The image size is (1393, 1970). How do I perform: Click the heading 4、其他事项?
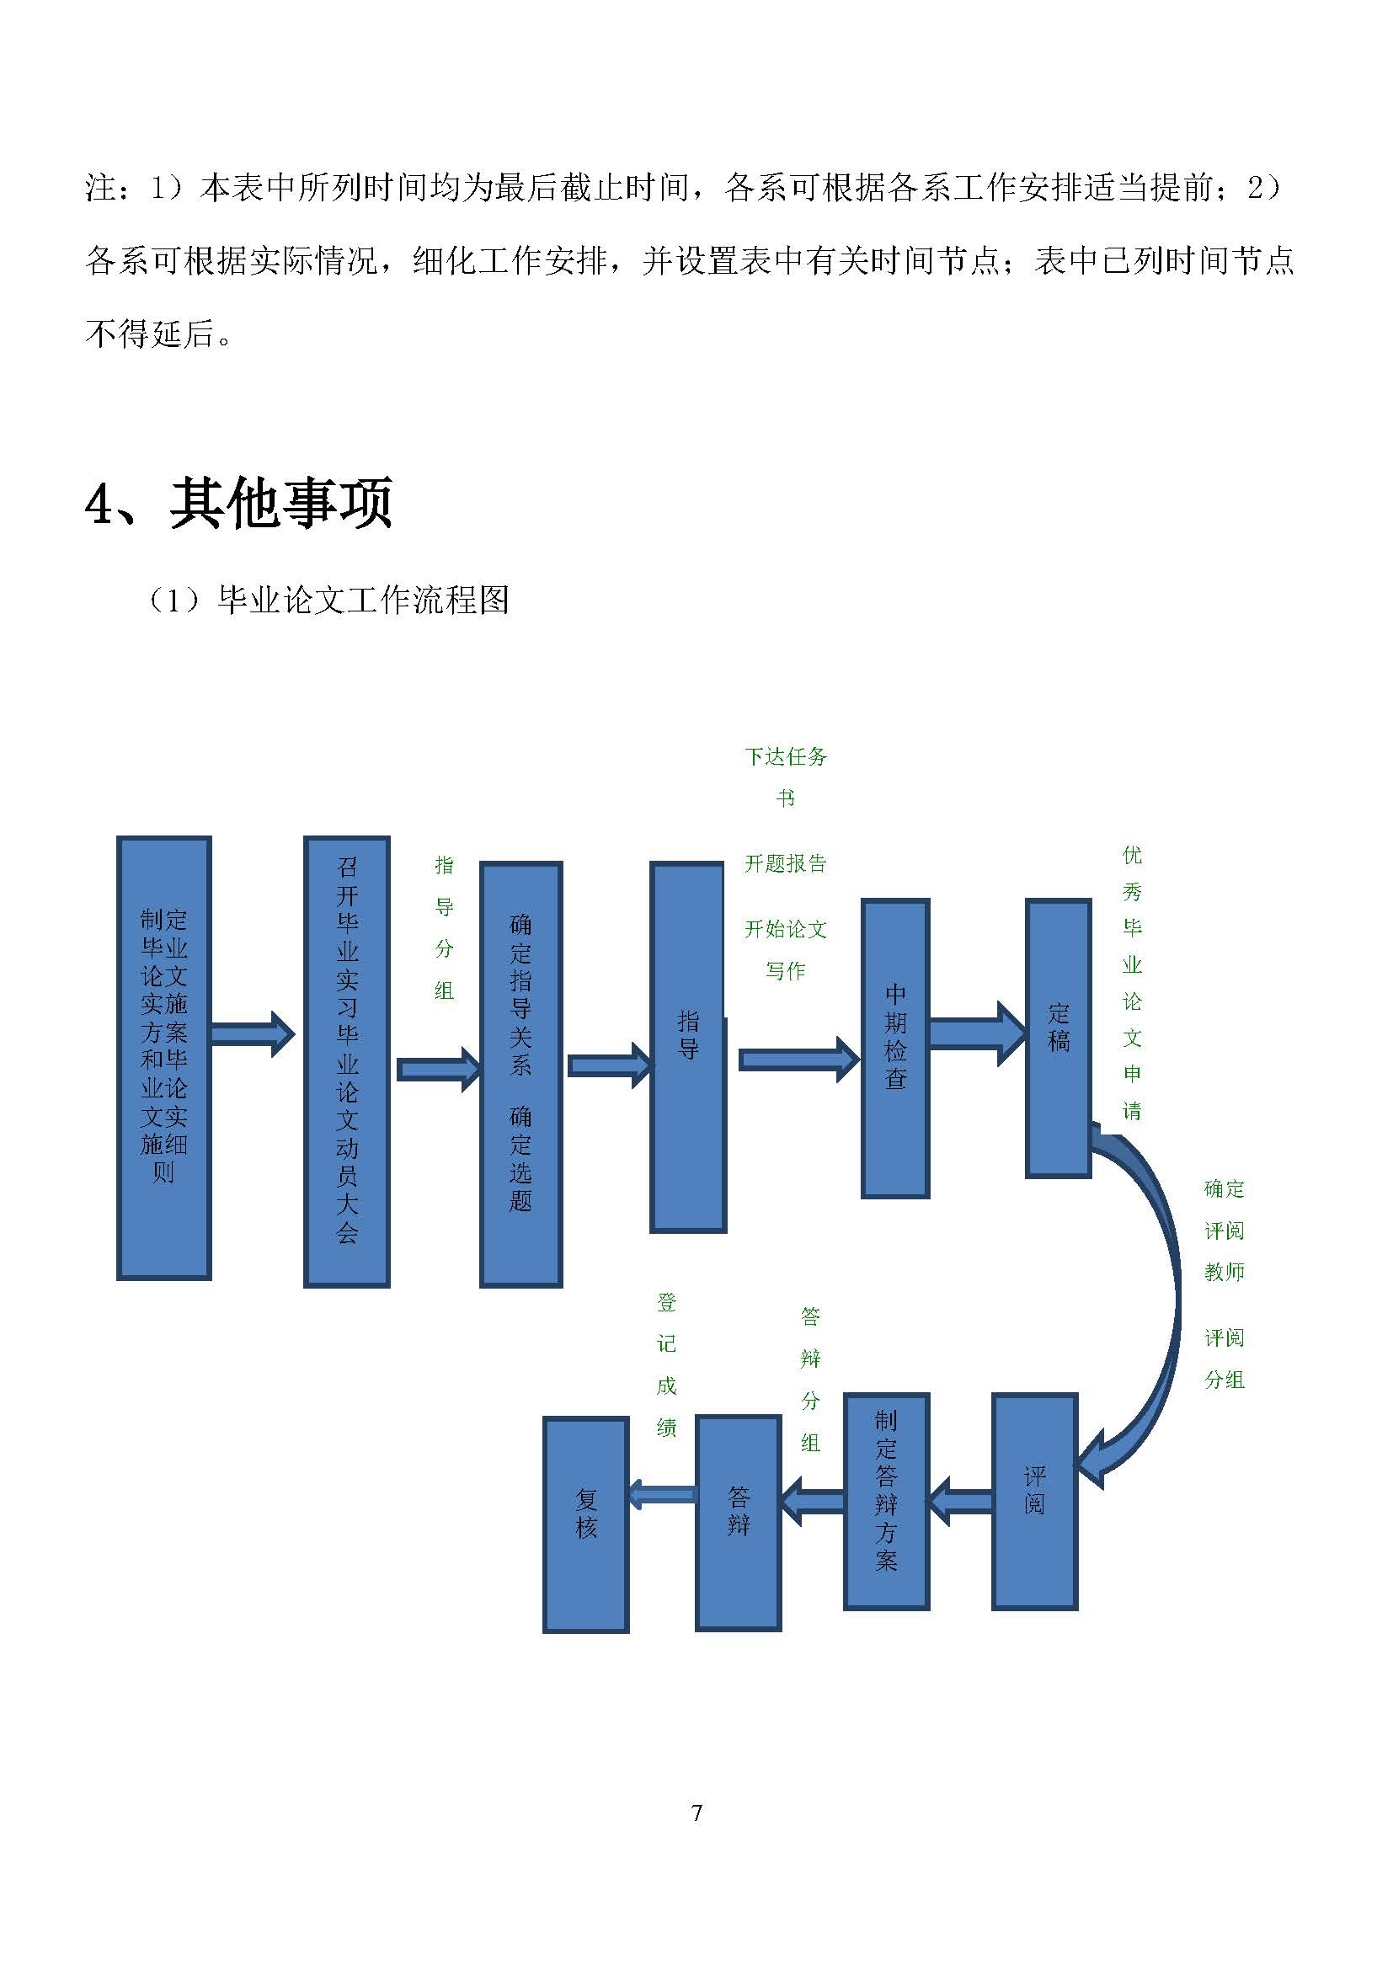click(239, 503)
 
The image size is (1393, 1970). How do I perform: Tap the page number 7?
click(696, 1813)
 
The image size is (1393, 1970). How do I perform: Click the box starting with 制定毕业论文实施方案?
click(164, 1058)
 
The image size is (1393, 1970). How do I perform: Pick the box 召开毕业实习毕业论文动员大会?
click(346, 1061)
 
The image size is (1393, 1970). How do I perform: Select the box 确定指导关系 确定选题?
click(520, 1074)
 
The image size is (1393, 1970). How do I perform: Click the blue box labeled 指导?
click(688, 1047)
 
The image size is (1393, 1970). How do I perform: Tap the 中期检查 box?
click(895, 1048)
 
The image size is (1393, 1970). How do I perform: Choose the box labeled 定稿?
click(1059, 1038)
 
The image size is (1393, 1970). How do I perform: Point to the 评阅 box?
click(1034, 1502)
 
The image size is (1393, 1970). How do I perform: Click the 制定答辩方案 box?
click(886, 1502)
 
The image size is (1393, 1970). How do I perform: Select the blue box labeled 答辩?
click(739, 1523)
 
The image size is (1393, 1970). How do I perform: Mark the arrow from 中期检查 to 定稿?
click(978, 1034)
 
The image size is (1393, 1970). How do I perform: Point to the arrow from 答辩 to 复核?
click(662, 1496)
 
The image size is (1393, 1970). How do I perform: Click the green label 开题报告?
click(785, 863)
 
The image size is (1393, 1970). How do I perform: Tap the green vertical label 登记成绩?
click(666, 1364)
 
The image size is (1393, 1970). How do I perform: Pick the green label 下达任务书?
click(785, 777)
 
